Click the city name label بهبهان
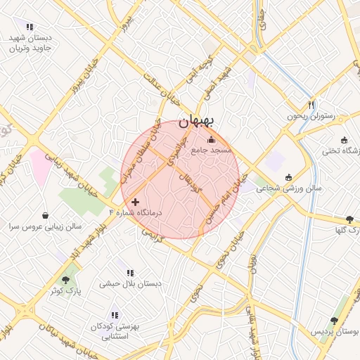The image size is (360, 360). pyautogui.click(x=195, y=122)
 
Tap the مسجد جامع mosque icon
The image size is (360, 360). pyautogui.click(x=211, y=139)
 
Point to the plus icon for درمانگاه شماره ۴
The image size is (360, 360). pyautogui.click(x=136, y=202)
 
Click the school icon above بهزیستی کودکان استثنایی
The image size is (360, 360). pyautogui.click(x=115, y=315)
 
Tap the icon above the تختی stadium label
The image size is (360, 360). pyautogui.click(x=344, y=140)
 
